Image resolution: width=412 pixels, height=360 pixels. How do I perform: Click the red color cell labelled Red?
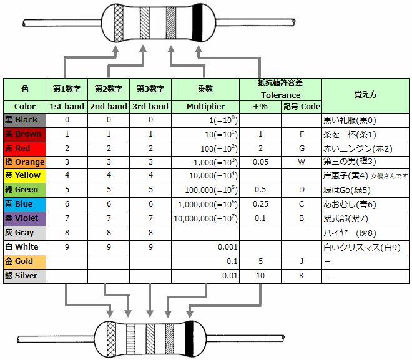coord(25,148)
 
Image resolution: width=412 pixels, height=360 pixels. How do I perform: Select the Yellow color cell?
coord(25,176)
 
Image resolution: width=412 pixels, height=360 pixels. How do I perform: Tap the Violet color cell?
coord(25,219)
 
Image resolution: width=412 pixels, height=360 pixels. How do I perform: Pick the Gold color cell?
coord(25,262)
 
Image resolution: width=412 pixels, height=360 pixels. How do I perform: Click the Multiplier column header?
coord(205,107)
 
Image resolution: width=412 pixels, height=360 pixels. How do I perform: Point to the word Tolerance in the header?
coord(280,95)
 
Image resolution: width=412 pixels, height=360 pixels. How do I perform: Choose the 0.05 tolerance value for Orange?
coord(260,162)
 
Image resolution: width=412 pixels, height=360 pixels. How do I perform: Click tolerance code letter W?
coord(302,162)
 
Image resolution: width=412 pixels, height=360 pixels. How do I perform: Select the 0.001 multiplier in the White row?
coord(228,247)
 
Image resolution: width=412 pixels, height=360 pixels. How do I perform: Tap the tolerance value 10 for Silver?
coord(260,276)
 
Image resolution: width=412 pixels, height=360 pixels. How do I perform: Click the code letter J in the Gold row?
coord(302,261)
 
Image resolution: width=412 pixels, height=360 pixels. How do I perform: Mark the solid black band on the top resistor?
coord(197,22)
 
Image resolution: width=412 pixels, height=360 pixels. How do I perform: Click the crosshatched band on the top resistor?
coord(119,23)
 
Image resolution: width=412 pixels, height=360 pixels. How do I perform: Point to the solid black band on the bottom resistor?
coord(189,339)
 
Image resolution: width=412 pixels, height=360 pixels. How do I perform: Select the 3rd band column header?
coord(150,107)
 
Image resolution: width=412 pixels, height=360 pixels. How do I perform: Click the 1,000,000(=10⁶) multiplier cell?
coord(208,205)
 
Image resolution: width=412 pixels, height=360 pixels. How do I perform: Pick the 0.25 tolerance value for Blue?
coord(260,204)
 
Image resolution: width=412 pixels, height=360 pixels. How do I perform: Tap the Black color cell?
coord(25,120)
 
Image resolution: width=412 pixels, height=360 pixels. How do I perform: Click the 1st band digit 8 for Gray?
coord(67,233)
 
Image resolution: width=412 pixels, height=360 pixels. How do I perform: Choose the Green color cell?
coord(25,190)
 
